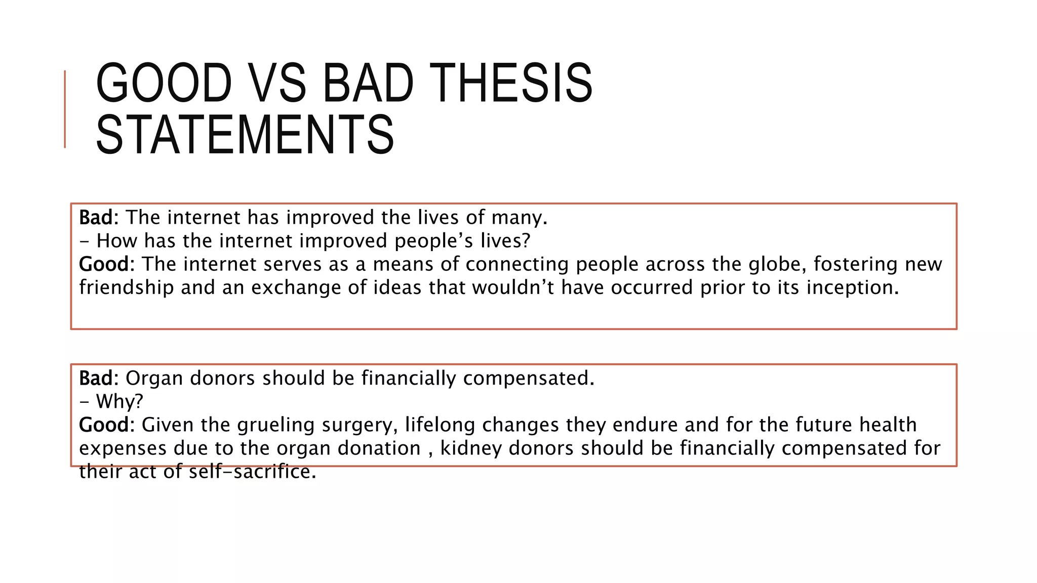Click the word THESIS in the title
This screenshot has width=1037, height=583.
[x=513, y=83]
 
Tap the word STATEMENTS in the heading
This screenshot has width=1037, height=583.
[x=245, y=135]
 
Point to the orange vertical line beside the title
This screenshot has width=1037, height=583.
[x=65, y=109]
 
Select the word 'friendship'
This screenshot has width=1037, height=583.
[x=127, y=287]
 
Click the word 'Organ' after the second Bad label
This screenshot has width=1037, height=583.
[x=154, y=378]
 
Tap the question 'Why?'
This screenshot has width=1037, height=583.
[x=119, y=401]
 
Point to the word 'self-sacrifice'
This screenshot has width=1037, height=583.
[x=252, y=472]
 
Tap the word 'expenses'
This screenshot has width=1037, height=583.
[x=123, y=448]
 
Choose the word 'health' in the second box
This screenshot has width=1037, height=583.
[x=888, y=425]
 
